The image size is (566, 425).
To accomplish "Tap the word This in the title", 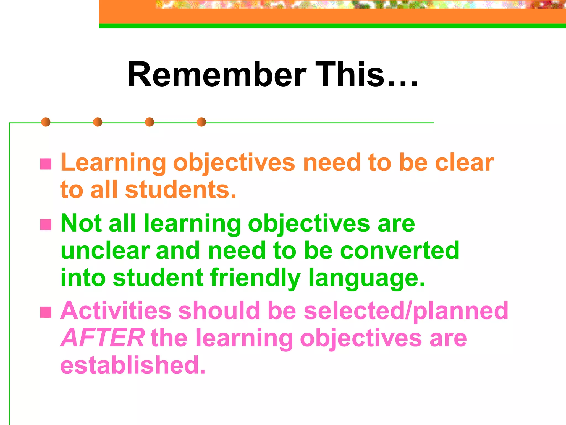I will (x=350, y=75).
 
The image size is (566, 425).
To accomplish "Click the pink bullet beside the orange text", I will (x=46, y=164).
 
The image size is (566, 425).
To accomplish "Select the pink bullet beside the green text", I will (x=46, y=225).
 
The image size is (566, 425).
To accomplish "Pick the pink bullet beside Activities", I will (x=46, y=312).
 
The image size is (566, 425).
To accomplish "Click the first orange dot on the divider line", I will (x=46, y=122).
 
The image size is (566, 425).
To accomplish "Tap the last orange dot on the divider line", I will (x=201, y=122).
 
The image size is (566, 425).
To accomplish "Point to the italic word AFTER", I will (x=102, y=338).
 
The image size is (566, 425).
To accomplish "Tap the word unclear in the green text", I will (x=105, y=251).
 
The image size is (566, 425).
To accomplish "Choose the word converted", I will (x=400, y=251).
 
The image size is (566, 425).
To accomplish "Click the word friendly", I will (x=255, y=278).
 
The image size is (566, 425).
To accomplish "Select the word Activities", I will (x=116, y=311).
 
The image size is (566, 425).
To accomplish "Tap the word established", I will (x=133, y=365).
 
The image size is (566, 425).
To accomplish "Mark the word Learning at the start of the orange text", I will (x=113, y=163).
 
